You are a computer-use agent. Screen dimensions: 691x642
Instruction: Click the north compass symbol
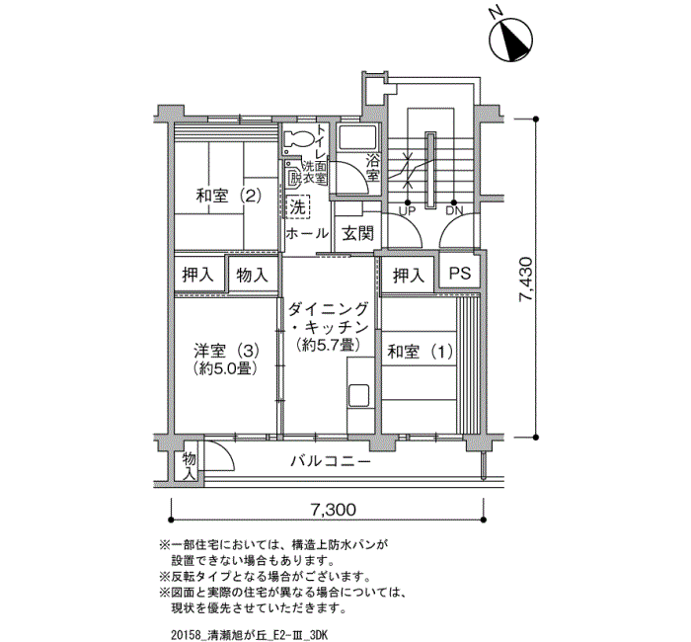click(510, 38)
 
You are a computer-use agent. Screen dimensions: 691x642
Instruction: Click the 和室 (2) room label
click(229, 195)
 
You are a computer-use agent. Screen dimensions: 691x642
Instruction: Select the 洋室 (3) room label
click(226, 352)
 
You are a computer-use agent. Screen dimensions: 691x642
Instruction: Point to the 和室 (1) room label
click(420, 352)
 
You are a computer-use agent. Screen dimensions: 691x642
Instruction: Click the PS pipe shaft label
click(460, 274)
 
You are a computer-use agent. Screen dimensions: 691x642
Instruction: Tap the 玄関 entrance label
click(357, 234)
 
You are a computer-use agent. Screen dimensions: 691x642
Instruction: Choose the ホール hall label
click(307, 233)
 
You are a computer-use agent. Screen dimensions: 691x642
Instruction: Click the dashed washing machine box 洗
click(298, 206)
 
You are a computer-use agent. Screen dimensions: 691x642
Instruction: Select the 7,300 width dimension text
click(334, 510)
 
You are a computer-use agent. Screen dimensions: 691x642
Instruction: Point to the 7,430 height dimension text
click(526, 280)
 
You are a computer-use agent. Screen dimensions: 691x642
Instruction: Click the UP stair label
click(407, 211)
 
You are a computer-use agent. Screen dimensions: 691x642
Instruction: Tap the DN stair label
click(454, 211)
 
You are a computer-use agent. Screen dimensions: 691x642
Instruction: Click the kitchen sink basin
click(358, 395)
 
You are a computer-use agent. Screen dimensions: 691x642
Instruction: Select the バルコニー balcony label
click(331, 461)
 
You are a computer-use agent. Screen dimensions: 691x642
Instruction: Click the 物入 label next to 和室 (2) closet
click(252, 276)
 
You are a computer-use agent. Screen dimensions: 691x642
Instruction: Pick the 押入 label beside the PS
click(409, 276)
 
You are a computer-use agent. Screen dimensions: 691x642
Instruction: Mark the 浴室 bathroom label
click(372, 167)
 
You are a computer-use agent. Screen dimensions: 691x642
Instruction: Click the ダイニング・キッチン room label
click(329, 326)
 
